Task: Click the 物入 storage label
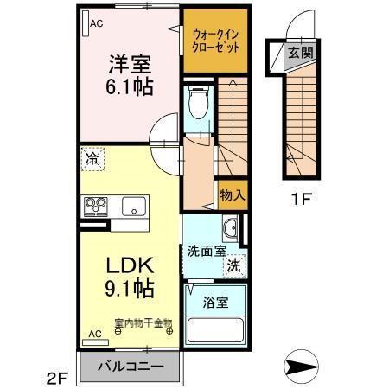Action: (x=233, y=194)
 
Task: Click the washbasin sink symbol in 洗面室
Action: (x=231, y=228)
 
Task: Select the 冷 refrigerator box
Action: (x=92, y=159)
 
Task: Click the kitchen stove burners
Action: (x=95, y=207)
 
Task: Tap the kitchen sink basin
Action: (x=134, y=207)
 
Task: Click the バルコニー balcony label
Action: (x=130, y=366)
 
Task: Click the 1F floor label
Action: (x=300, y=196)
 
